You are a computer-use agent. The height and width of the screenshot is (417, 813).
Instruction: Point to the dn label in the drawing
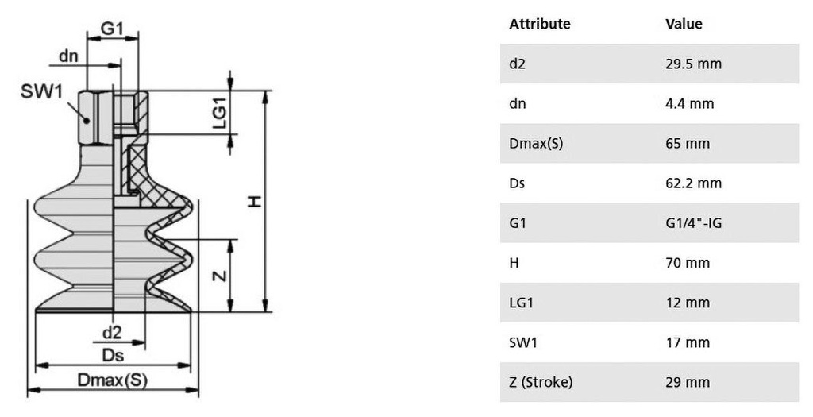click(68, 56)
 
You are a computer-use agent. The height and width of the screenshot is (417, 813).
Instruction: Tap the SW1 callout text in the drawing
click(41, 91)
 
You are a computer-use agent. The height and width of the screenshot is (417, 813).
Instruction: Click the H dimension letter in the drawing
click(255, 202)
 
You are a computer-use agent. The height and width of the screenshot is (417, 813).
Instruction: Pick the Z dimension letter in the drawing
click(221, 276)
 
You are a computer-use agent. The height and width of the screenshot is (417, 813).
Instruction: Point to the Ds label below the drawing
click(113, 355)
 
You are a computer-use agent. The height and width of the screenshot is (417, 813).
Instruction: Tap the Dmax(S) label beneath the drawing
click(113, 380)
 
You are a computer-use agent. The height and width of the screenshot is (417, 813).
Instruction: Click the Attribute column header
click(539, 24)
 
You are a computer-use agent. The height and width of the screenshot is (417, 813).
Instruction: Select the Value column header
click(684, 24)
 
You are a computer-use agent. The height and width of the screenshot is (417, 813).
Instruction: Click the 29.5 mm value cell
click(693, 64)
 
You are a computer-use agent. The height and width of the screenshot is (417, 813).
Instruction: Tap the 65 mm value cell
click(688, 143)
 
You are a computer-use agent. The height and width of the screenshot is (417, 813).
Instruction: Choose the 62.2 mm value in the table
click(693, 183)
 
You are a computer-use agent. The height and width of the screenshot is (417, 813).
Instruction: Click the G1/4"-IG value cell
click(694, 223)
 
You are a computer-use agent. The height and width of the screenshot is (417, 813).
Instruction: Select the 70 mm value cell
click(688, 263)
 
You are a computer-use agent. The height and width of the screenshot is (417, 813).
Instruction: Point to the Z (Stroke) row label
click(541, 382)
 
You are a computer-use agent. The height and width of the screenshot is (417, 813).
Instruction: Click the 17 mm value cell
click(688, 342)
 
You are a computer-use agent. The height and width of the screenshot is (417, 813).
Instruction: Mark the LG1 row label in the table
click(521, 303)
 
